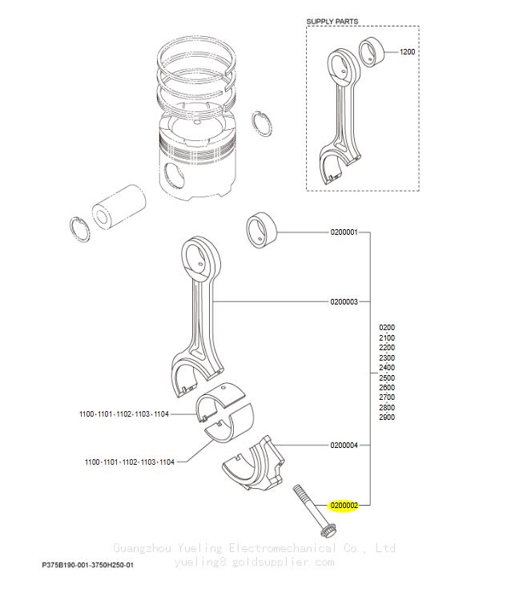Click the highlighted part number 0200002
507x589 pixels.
click(344, 506)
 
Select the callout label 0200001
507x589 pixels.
click(344, 232)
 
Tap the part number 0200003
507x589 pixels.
click(344, 301)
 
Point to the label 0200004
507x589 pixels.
click(344, 445)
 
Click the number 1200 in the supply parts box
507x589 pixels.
click(407, 52)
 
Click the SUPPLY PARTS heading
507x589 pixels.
click(332, 22)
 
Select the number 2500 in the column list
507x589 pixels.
click(387, 377)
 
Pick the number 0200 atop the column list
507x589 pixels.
click(387, 327)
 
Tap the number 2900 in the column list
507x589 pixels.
click(387, 417)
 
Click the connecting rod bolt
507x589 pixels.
click(314, 510)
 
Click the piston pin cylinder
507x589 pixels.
click(119, 207)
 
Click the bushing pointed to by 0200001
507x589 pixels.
click(261, 230)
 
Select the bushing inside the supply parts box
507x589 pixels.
click(372, 52)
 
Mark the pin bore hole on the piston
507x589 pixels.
click(174, 175)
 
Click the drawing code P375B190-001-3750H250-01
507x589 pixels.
click(87, 565)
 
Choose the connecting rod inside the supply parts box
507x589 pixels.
click(340, 113)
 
